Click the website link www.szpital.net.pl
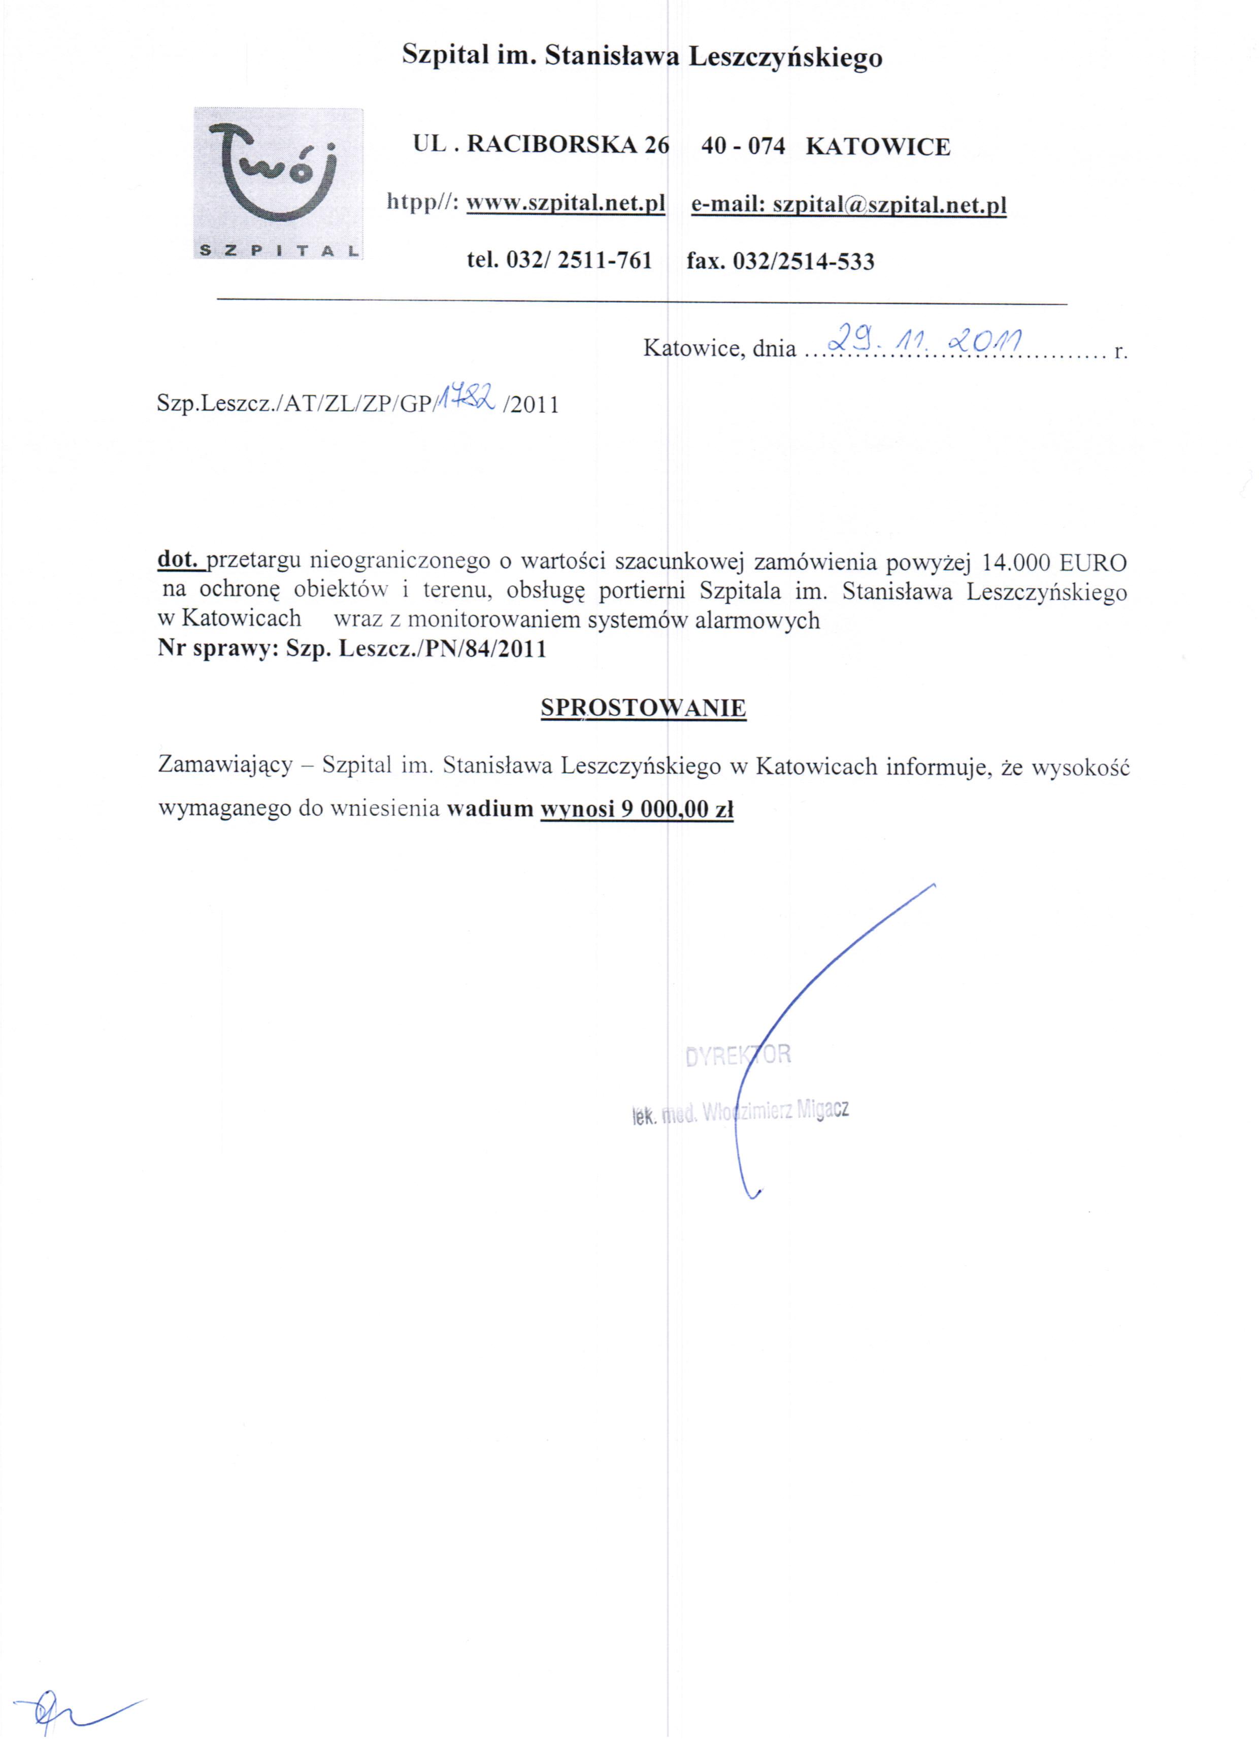pos(566,204)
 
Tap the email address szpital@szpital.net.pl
pos(889,205)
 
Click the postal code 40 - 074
pos(743,146)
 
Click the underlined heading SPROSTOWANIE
pos(643,708)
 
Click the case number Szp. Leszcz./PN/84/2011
pos(416,649)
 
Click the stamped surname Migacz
pos(822,1109)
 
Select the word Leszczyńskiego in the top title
pos(785,57)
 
